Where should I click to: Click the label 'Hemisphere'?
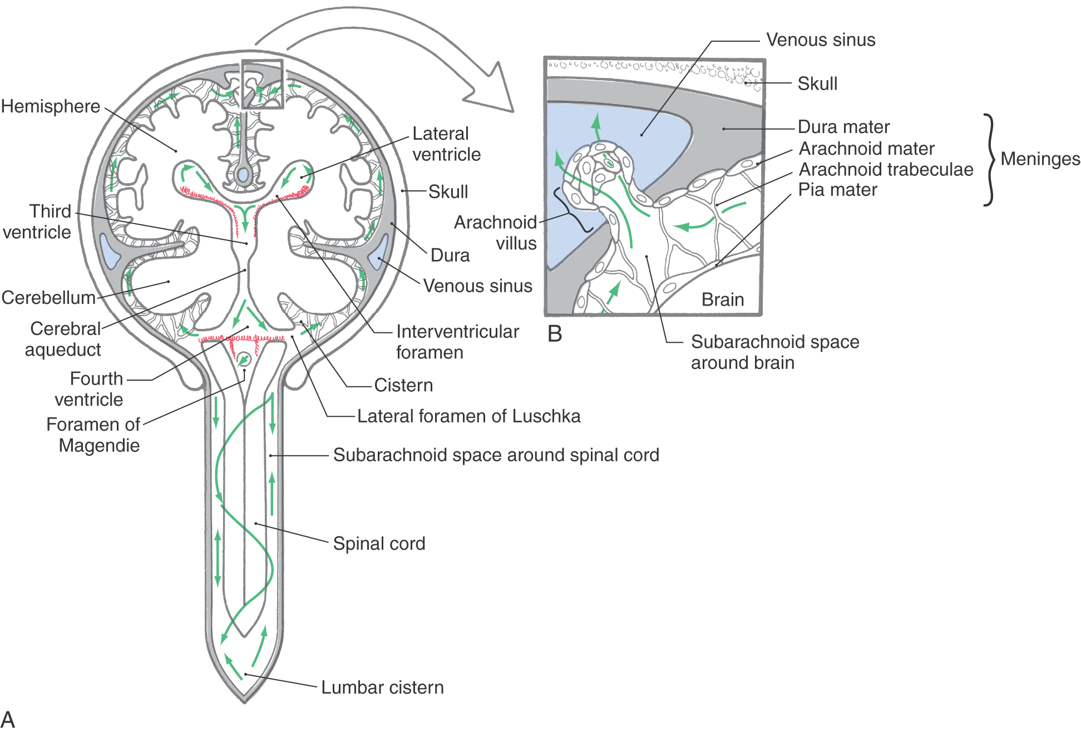point(51,106)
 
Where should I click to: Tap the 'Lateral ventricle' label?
point(446,144)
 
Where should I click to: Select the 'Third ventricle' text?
point(37,222)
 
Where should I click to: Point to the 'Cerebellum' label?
point(48,297)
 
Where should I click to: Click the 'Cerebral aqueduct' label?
point(63,339)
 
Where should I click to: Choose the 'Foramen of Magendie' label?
point(93,435)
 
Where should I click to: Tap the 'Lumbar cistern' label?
point(383,687)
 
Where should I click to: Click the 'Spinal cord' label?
point(379,543)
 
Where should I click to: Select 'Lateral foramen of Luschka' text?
point(468,416)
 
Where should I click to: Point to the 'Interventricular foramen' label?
point(457,342)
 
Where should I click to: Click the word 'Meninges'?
point(1040,159)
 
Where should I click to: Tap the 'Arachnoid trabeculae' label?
point(886,169)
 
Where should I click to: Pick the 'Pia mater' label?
point(837,190)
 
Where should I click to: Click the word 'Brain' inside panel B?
point(723,299)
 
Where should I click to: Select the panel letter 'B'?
point(555,334)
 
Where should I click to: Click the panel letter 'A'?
point(8,720)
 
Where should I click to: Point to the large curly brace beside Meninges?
point(989,160)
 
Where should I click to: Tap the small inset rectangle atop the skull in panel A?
point(262,84)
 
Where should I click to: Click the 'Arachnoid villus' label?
point(495,233)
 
